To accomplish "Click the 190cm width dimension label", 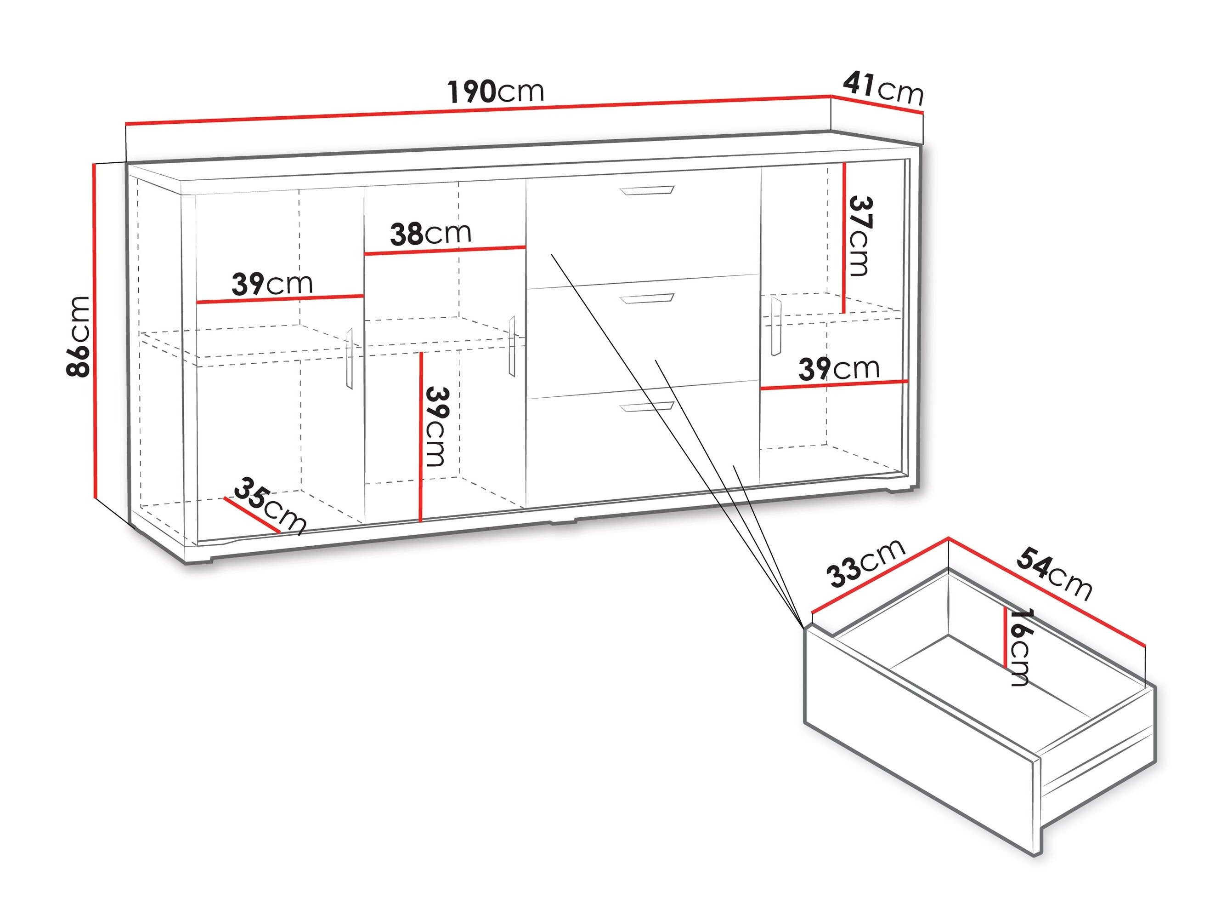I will coord(496,91).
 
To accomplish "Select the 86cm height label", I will coord(78,337).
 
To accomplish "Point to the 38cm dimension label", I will coord(430,234).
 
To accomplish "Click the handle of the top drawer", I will coord(647,190).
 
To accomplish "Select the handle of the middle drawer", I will coord(647,299).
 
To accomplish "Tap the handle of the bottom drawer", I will coord(647,407).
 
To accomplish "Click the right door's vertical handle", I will coord(775,326).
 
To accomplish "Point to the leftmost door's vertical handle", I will coord(350,358).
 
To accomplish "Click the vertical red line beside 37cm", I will coord(844,238).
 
